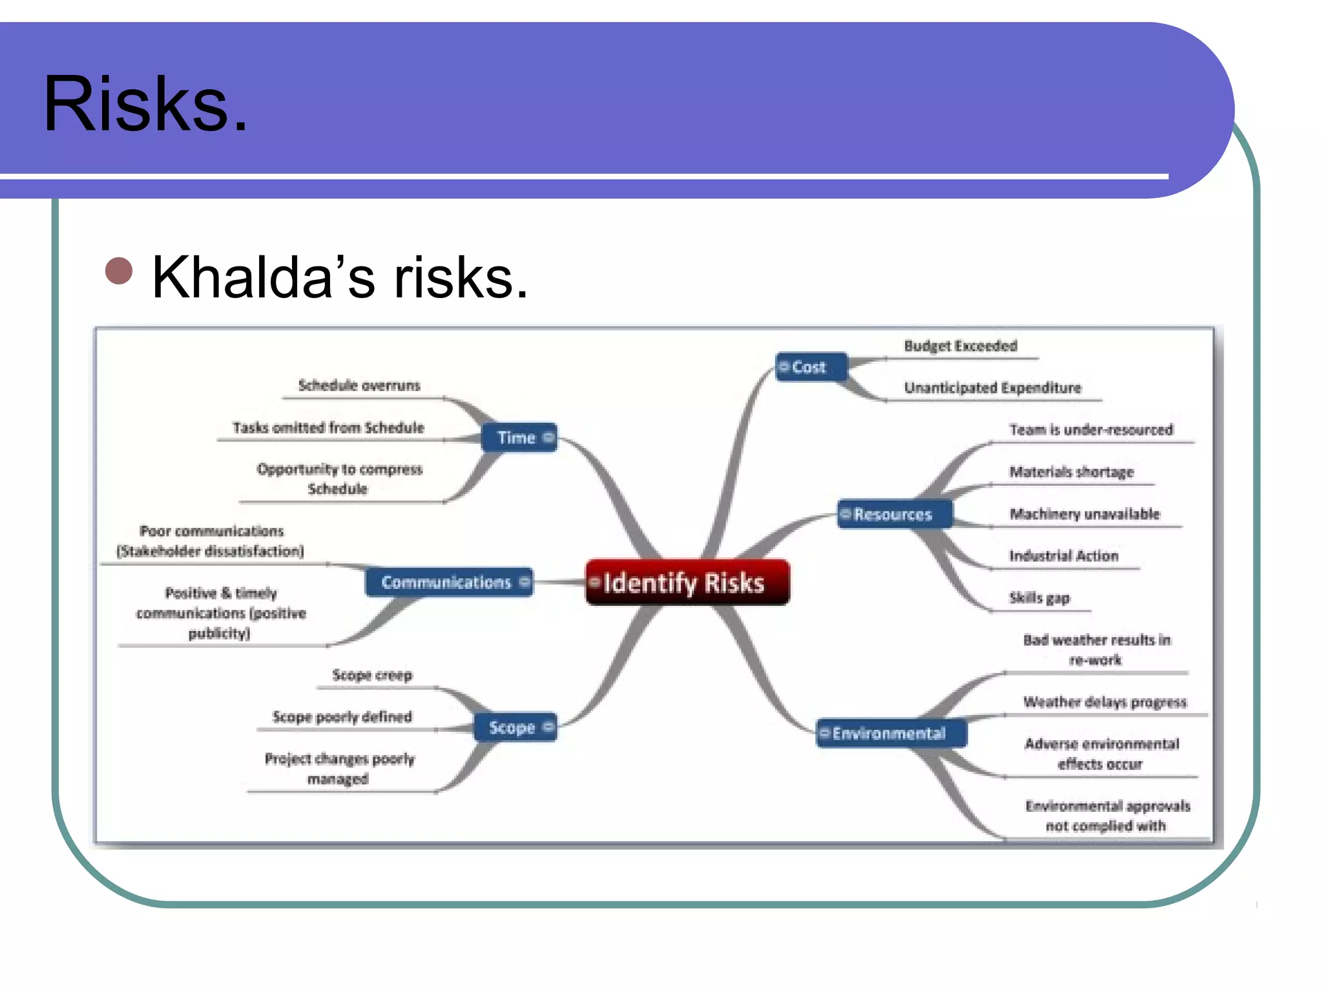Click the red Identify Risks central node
pos(687,582)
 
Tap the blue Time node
pos(519,438)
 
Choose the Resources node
pos(893,515)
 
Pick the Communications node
pos(449,582)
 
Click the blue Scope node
pos(514,727)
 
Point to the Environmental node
pos(890,733)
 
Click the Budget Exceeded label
pos(960,346)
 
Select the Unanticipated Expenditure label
pos(992,388)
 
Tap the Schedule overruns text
pos(359,385)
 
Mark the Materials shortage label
pos(1071,472)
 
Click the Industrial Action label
pos(1063,556)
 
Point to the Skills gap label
pos(1039,598)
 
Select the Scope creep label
pos(372,675)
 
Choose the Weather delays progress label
pos(1105,702)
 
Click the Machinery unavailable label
pos(1085,514)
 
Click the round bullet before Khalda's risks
pos(119,271)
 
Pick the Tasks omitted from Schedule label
pos(328,428)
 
